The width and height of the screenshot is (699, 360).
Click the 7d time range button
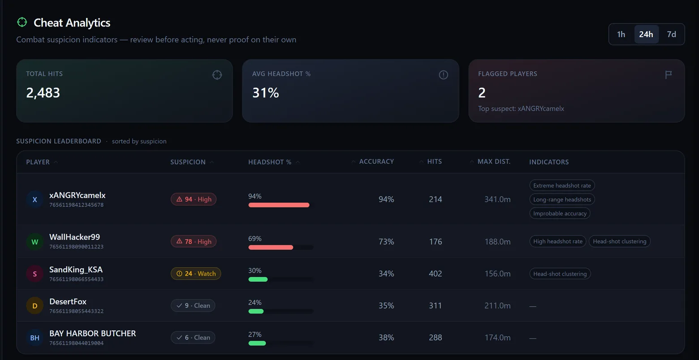tap(671, 34)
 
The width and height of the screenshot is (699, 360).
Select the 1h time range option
tap(621, 34)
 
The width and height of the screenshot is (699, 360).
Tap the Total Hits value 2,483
tap(43, 93)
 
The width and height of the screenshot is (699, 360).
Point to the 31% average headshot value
tap(266, 93)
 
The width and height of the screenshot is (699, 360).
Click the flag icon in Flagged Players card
tap(668, 74)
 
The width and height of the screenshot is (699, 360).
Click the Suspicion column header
tap(188, 162)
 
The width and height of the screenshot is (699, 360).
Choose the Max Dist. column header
tap(494, 161)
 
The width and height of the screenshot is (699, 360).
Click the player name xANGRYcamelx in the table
tap(78, 195)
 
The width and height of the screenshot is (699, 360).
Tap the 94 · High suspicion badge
tap(194, 199)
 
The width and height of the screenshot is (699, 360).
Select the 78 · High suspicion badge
tap(194, 241)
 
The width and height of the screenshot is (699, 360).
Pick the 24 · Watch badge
tap(196, 273)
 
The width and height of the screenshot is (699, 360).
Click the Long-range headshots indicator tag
tap(562, 200)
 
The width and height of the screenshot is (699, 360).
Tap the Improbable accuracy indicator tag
tap(560, 213)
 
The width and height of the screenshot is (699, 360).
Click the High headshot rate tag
tap(558, 241)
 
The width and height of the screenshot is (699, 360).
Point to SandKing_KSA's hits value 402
tap(436, 273)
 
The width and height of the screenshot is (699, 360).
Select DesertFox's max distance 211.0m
tap(497, 305)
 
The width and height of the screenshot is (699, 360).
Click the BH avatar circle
tap(35, 338)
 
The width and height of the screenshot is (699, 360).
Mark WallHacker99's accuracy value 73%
tap(386, 242)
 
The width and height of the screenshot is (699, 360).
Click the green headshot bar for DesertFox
tap(256, 311)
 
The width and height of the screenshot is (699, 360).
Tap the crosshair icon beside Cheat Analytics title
tap(22, 22)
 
